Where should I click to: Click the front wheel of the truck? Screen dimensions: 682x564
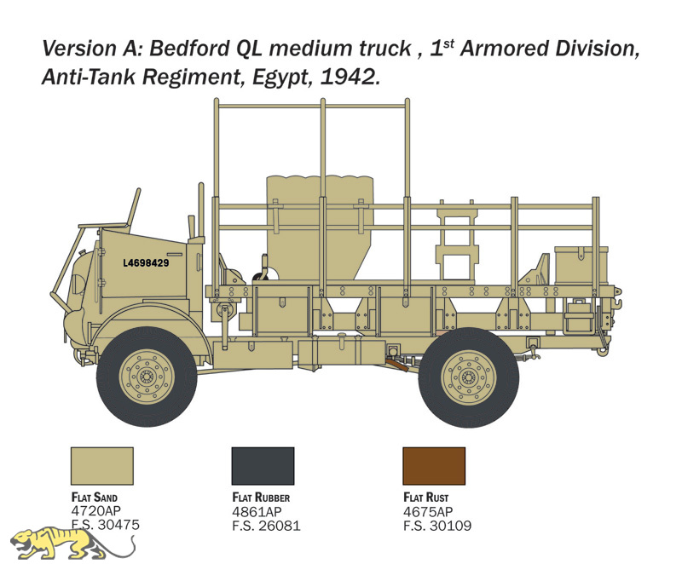147,377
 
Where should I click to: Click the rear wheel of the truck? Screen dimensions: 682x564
468,377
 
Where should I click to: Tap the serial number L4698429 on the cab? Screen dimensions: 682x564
146,263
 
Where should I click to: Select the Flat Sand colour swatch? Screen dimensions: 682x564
102,466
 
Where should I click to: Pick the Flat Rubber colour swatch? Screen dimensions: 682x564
263,466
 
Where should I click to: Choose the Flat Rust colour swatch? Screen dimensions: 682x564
434,466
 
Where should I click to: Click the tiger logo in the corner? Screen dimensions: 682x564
72,544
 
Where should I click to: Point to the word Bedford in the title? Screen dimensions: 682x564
189,49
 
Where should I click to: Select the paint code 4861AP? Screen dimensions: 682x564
257,511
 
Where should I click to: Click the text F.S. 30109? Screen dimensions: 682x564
437,526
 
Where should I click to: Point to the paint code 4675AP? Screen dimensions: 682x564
428,511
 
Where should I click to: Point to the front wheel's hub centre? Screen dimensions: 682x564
147,377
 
